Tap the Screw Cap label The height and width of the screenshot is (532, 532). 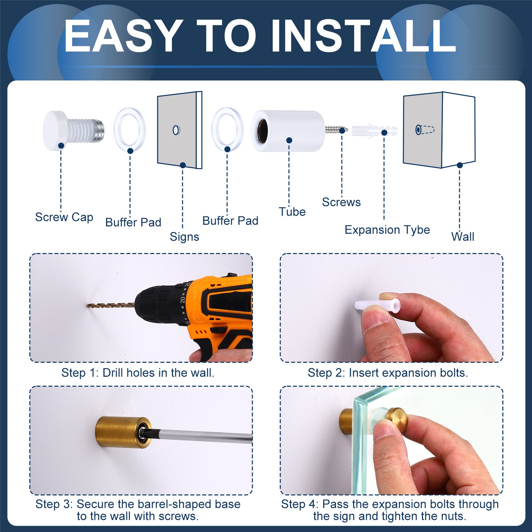point(64,217)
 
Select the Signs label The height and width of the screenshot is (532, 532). point(185,237)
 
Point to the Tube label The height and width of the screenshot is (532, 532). point(292,212)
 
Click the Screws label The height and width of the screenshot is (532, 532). point(341,202)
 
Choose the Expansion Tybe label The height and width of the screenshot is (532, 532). point(387,230)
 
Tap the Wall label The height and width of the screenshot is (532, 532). point(463,237)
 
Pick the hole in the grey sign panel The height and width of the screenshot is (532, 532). point(177,130)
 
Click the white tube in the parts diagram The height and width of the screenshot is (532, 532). point(288,131)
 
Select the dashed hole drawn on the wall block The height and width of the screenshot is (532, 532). point(425,130)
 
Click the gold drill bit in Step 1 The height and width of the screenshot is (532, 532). point(111,305)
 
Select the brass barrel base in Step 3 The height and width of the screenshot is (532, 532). point(123,433)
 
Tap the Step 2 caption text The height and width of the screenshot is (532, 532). point(388,373)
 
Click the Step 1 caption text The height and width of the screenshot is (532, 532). point(138,373)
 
